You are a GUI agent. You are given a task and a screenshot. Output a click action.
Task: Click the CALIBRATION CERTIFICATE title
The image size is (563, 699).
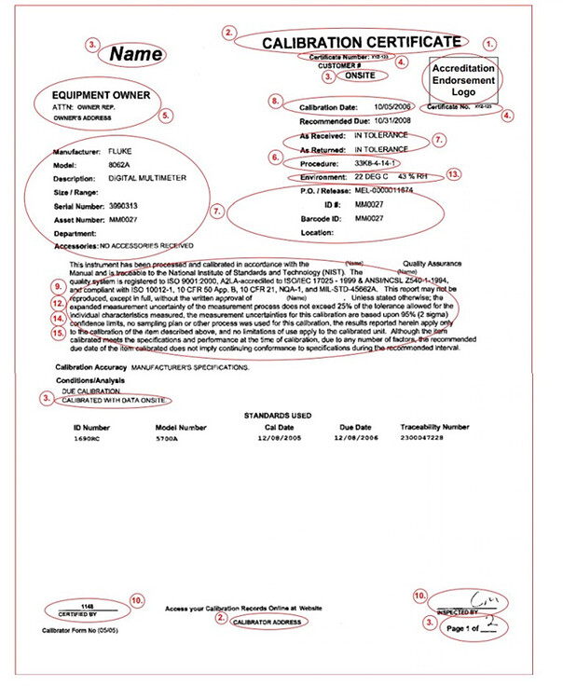click(361, 42)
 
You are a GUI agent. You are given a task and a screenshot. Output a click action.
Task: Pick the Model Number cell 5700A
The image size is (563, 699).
click(168, 436)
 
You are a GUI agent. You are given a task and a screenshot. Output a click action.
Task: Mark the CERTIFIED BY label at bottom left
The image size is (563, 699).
click(78, 614)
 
